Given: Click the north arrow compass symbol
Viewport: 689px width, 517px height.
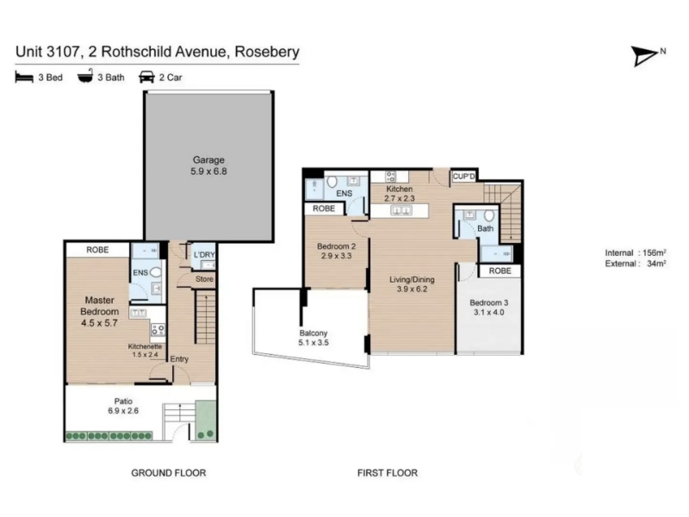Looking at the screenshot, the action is click(x=645, y=56).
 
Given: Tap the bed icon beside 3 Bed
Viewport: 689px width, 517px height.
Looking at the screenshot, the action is click(x=24, y=78).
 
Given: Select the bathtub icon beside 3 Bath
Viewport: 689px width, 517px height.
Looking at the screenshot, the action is click(x=85, y=77).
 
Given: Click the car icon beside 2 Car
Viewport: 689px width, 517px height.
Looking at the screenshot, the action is click(x=146, y=78).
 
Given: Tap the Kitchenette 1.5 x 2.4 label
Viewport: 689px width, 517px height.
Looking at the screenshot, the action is click(x=145, y=351).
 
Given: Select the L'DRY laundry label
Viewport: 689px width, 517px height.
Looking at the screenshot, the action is click(x=204, y=255).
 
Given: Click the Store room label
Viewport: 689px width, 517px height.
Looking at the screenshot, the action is click(x=204, y=278).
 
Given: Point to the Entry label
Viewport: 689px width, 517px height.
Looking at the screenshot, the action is click(x=179, y=359).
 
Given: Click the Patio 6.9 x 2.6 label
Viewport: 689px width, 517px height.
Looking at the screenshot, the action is click(x=123, y=406).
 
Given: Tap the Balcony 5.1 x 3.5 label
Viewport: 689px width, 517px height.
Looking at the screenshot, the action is click(x=313, y=338).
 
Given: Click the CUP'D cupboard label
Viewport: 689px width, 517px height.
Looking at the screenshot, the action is click(x=464, y=177).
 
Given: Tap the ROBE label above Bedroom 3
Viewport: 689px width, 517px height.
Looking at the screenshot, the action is click(x=500, y=271).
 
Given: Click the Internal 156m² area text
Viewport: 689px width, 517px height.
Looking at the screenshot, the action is click(x=636, y=252).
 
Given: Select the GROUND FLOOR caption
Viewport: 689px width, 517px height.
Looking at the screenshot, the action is click(x=169, y=473).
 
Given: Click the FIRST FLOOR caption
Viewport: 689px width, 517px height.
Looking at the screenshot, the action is click(x=388, y=473).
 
